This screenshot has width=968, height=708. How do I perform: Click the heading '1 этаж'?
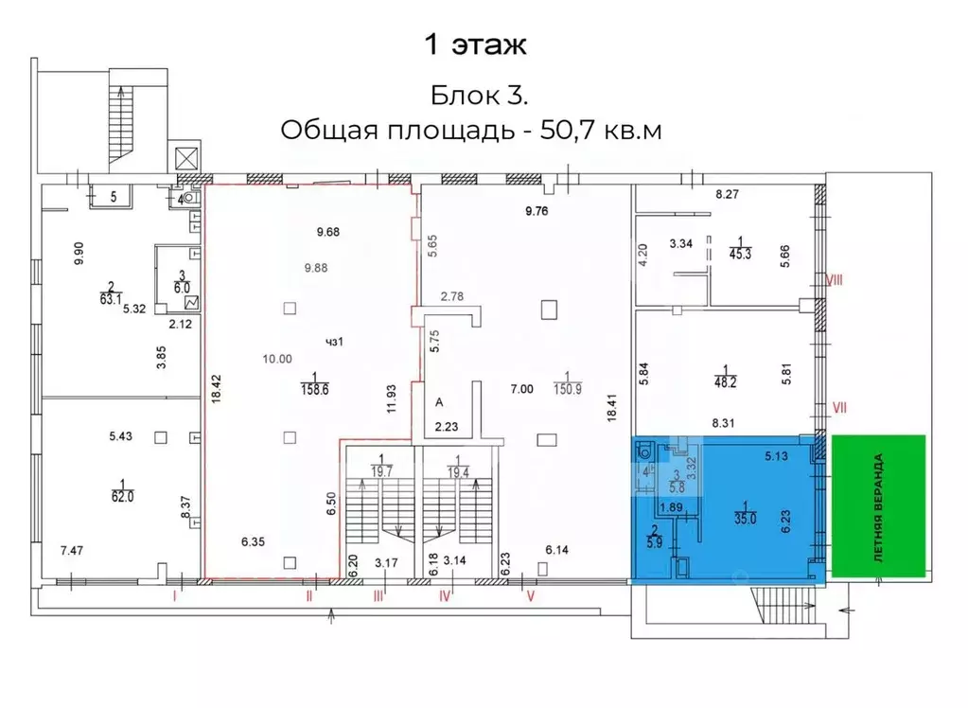[472, 44]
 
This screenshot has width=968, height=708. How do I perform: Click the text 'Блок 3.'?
[479, 96]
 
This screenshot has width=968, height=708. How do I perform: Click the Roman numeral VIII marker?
[835, 280]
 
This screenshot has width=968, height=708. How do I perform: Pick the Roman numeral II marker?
[309, 597]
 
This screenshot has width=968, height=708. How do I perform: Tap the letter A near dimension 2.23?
[439, 402]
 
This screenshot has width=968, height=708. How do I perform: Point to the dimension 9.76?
[537, 211]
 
